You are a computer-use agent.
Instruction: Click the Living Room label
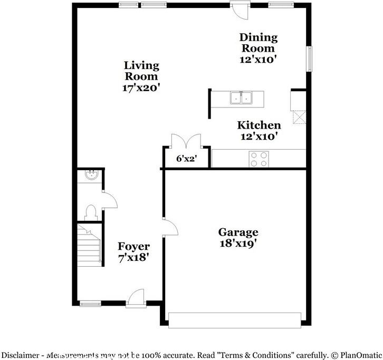pyautogui.click(x=141, y=71)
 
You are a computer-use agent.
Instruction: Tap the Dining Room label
pyautogui.click(x=258, y=43)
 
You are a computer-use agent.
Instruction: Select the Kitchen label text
pyautogui.click(x=258, y=125)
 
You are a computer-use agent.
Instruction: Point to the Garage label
pyautogui.click(x=238, y=232)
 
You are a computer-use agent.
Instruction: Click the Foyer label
pyautogui.click(x=133, y=246)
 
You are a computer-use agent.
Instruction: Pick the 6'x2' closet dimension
pyautogui.click(x=186, y=159)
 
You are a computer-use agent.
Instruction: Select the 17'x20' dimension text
pyautogui.click(x=141, y=88)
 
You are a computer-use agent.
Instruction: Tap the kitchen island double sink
pyautogui.click(x=241, y=98)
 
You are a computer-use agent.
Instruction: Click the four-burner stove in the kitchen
pyautogui.click(x=258, y=159)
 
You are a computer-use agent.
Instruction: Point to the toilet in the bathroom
pyautogui.click(x=90, y=212)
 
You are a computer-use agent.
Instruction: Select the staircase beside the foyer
pyautogui.click(x=88, y=243)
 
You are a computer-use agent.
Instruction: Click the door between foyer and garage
pyautogui.click(x=170, y=228)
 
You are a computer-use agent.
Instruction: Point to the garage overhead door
pyautogui.click(x=234, y=319)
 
